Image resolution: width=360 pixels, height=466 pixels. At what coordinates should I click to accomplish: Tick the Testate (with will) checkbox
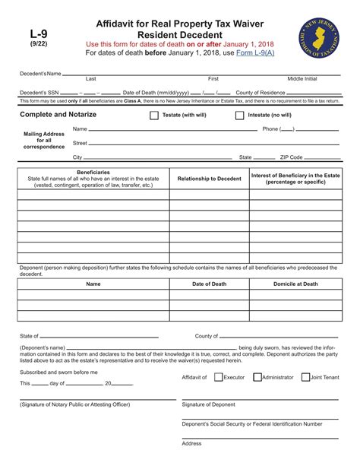point(154,116)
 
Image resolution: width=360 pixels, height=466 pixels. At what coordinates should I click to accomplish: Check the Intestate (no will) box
point(240,116)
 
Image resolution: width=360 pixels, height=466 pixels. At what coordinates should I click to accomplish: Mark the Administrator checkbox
point(257,377)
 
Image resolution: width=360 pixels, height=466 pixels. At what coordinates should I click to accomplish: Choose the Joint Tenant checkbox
point(305,377)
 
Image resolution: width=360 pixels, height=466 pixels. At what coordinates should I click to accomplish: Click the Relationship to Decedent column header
point(209,179)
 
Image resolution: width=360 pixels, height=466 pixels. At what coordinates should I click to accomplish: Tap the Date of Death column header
point(209,284)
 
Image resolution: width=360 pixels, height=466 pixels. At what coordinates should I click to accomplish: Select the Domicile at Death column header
point(295,284)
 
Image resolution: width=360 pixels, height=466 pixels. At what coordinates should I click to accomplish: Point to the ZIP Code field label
point(291,157)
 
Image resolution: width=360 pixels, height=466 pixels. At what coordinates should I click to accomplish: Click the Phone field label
point(270,129)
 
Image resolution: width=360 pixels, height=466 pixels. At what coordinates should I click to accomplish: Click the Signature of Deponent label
point(209,404)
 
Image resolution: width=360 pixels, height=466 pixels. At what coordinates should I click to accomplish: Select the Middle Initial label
point(302,79)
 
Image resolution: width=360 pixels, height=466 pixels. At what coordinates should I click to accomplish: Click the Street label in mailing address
point(80,143)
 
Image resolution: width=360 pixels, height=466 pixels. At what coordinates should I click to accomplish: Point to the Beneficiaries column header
point(93,173)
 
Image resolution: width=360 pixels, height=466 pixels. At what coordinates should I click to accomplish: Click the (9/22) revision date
point(39,44)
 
